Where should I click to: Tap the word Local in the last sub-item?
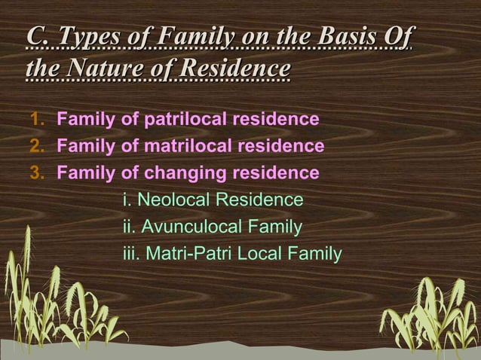(x=262, y=254)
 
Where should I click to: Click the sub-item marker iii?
(x=131, y=254)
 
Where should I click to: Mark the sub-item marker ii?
(x=129, y=227)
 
